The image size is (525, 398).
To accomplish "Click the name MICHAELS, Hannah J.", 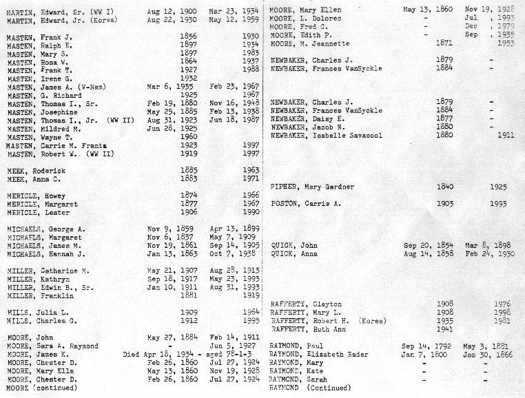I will point(46,253).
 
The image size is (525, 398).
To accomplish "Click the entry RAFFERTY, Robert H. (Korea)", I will point(328,321).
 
